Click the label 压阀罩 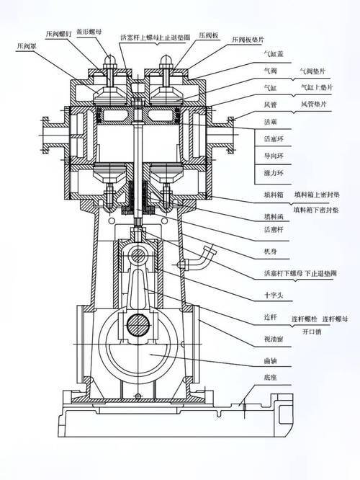pos(26,45)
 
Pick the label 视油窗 pos(274,338)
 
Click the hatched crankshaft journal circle pos(139,326)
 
